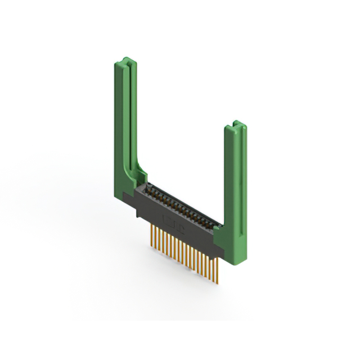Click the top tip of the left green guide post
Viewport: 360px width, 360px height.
click(127, 59)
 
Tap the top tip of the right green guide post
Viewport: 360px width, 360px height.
click(236, 123)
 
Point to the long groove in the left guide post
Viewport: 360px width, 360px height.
click(130, 112)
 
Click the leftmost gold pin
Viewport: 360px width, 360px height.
click(151, 231)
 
